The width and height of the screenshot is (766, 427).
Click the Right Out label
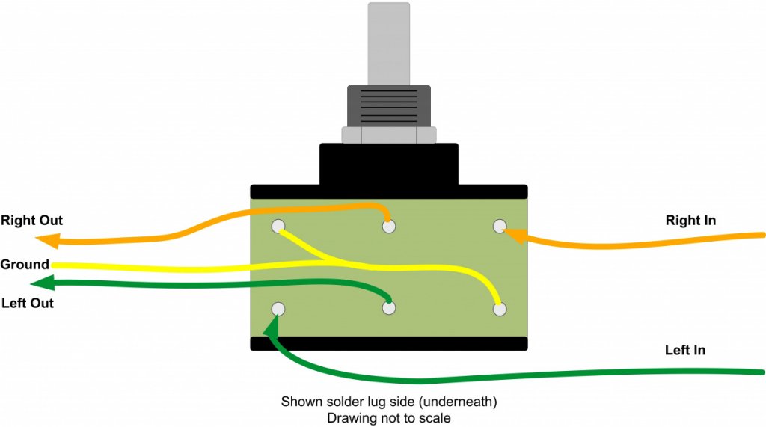pos(31,221)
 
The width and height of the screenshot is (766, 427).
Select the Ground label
pos(25,265)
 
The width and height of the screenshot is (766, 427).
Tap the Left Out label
pos(28,304)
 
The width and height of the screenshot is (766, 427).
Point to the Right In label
pos(690,221)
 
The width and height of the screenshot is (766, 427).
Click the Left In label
pos(684,350)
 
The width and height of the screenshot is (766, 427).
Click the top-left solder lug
pos(278,225)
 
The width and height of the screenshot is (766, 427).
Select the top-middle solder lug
pos(388,225)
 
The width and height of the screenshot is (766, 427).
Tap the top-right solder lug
pos(500,225)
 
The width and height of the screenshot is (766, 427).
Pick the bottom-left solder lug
pos(278,308)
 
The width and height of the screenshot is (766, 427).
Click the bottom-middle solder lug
pos(388,307)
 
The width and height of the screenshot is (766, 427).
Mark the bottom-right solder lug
pos(500,308)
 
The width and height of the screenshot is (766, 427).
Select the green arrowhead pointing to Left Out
pos(42,283)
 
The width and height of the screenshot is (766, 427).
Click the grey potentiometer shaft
pos(389,41)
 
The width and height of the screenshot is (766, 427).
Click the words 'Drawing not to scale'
pos(388,418)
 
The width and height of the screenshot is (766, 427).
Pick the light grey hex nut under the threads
pos(388,135)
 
